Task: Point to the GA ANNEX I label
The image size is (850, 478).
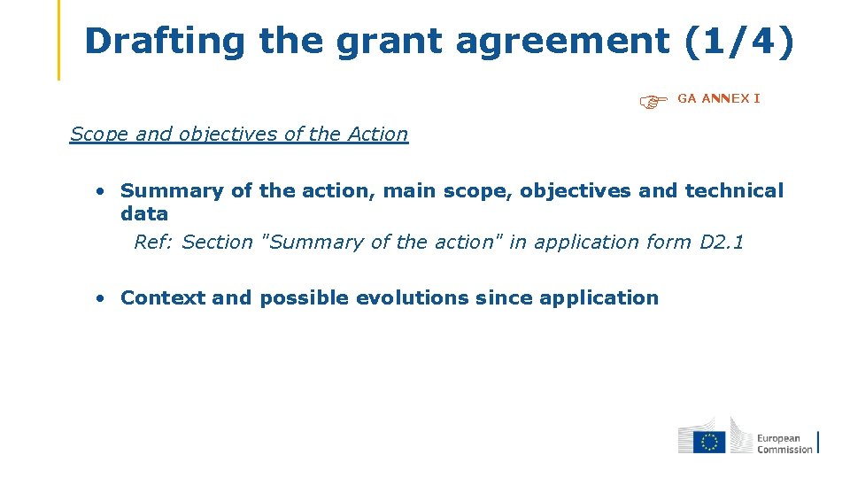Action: (719, 98)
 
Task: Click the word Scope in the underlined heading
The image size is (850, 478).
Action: (99, 135)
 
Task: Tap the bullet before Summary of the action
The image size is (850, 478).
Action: (103, 191)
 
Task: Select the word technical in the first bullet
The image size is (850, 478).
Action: (734, 190)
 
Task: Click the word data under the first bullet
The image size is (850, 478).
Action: (144, 213)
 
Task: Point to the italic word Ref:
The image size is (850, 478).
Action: (154, 242)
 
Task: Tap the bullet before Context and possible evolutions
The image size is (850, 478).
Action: (103, 298)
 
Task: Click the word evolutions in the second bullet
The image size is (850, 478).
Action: (412, 297)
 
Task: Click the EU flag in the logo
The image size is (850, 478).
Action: (708, 441)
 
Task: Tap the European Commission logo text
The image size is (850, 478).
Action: (784, 443)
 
